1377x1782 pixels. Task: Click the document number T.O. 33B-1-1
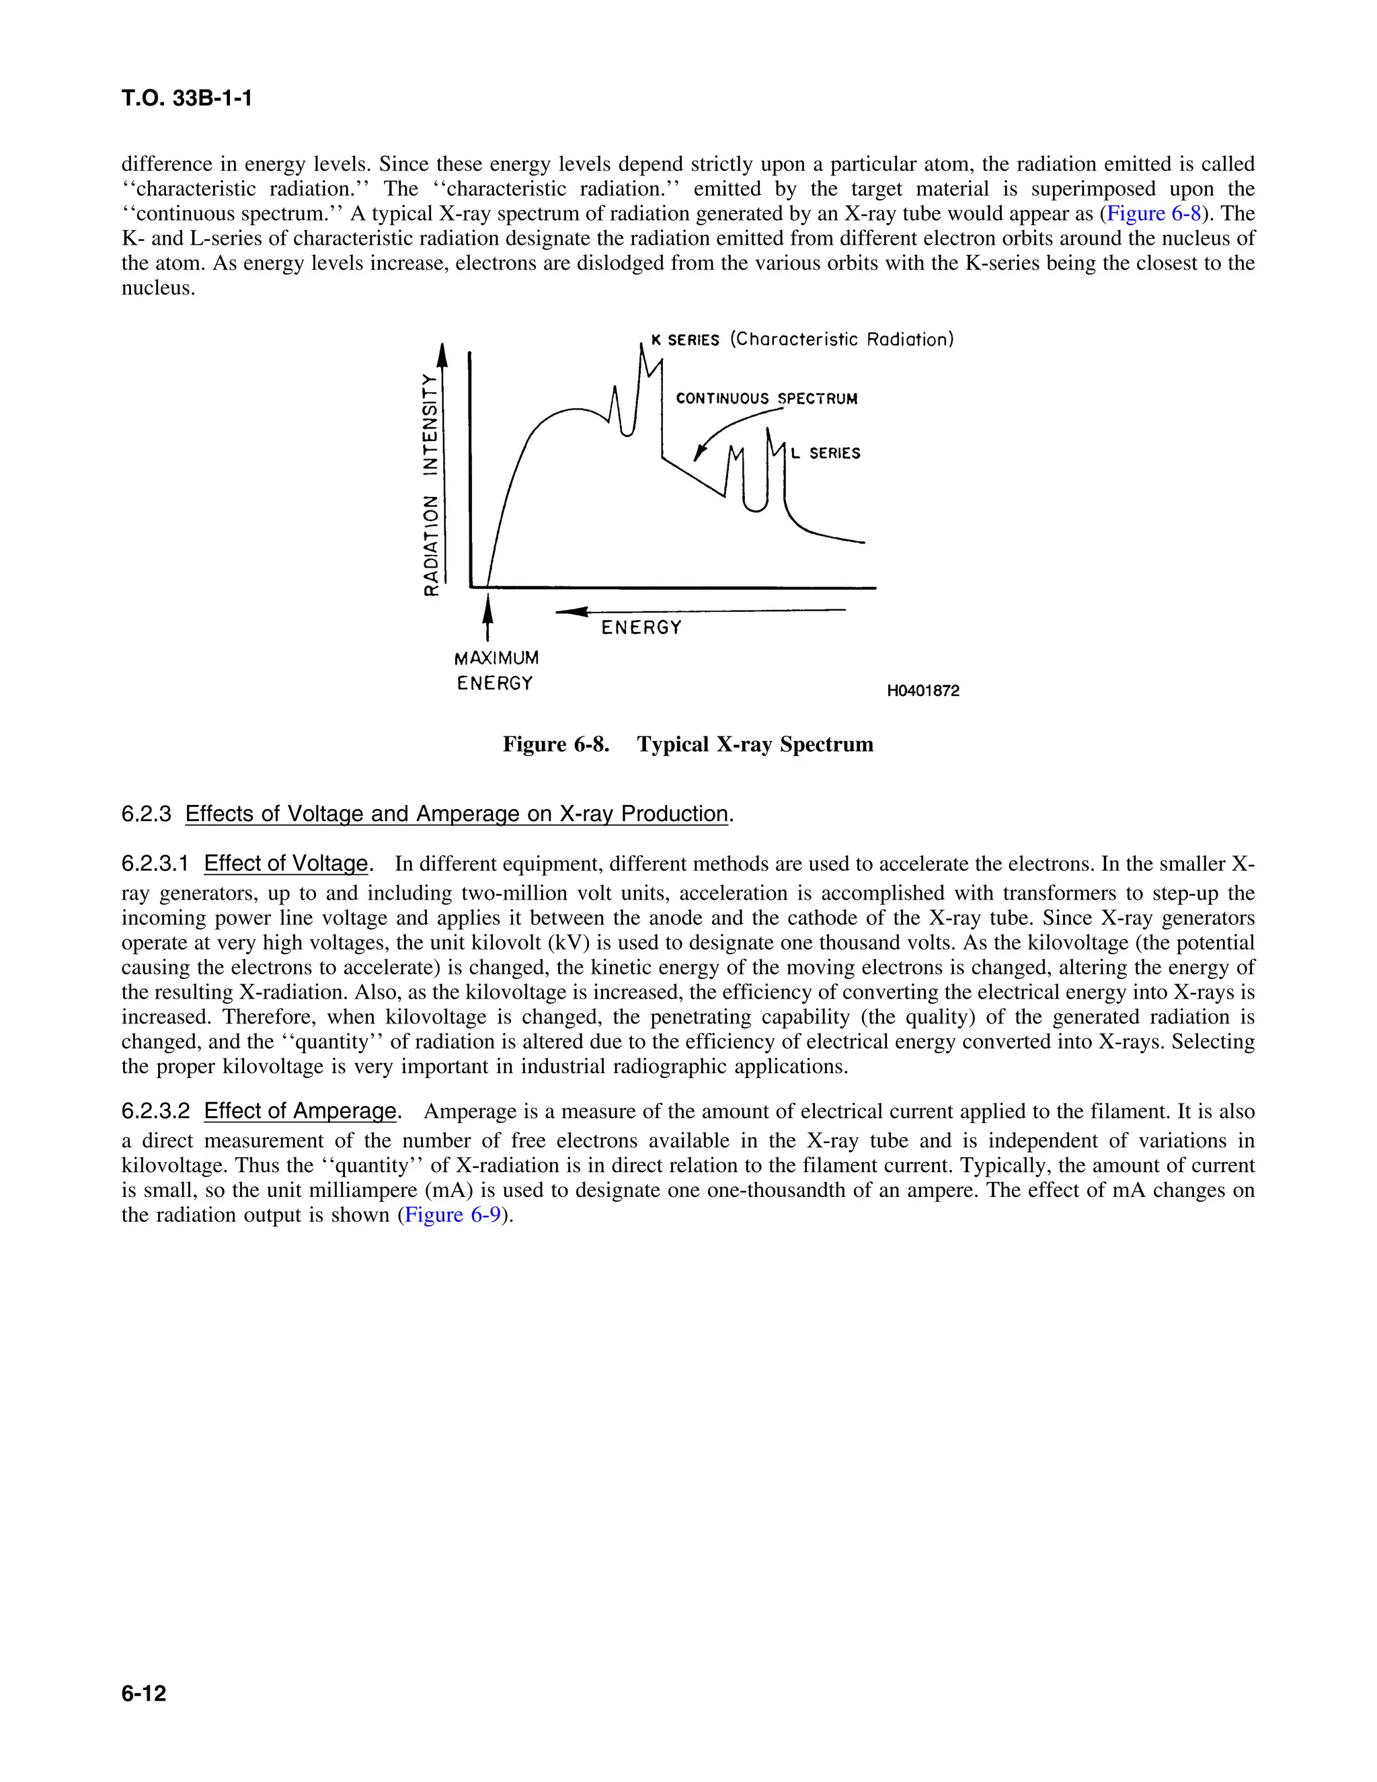coord(186,99)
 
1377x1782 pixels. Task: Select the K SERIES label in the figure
coord(685,340)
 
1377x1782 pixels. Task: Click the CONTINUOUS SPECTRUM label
coord(766,399)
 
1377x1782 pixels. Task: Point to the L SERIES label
coord(826,454)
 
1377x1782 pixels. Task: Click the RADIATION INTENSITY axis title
coord(430,484)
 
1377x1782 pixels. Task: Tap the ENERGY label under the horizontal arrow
coord(641,627)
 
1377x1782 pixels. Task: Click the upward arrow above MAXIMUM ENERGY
coord(488,616)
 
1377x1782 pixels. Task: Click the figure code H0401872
coord(922,691)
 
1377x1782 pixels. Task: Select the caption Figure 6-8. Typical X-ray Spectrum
coord(688,744)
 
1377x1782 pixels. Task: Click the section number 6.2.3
coord(146,814)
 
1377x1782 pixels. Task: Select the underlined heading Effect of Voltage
coord(286,863)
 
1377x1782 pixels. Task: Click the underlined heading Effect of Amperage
coord(299,1112)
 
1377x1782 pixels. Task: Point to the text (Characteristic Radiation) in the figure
coord(841,340)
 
